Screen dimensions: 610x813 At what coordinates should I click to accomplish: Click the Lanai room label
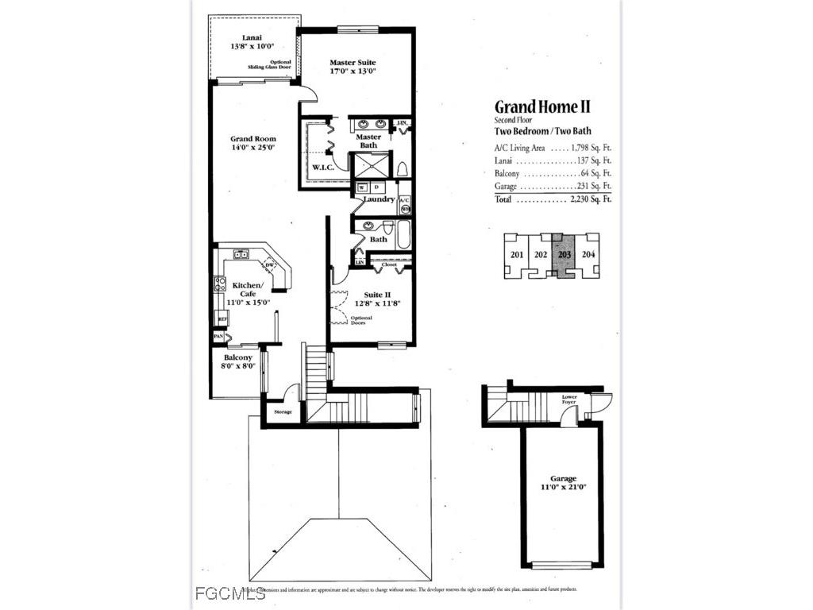coord(252,37)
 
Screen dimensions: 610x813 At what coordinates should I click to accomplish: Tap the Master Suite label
coord(353,62)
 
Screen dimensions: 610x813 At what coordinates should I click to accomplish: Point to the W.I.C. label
coord(322,167)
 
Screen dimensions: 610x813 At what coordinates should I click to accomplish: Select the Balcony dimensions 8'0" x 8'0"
coord(238,367)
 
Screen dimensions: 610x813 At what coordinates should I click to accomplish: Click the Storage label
coord(283,411)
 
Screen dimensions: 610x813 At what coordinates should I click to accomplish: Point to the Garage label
coord(561,479)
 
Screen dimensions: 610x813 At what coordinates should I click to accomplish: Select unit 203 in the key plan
coord(564,255)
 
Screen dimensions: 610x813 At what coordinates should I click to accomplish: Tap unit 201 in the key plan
coord(517,255)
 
